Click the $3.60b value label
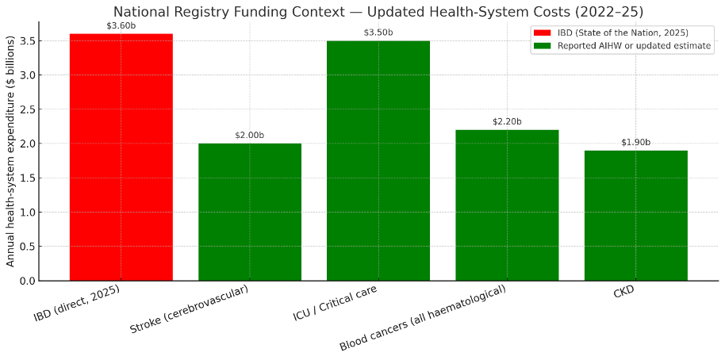click(121, 25)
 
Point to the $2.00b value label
click(250, 136)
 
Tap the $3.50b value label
click(378, 33)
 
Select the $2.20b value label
click(507, 121)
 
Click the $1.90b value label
click(635, 142)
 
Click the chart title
click(378, 11)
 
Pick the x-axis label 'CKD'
click(623, 293)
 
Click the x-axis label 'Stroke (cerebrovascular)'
click(189, 309)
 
